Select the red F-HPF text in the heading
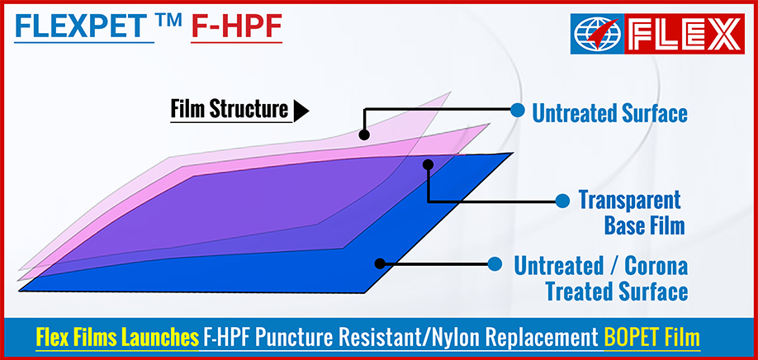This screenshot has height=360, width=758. [237, 26]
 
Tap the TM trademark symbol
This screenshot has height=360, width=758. [171, 21]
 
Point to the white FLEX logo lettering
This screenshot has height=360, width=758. [684, 33]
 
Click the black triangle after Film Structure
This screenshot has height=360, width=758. [301, 111]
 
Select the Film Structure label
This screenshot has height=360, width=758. [230, 110]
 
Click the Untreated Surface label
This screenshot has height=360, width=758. [609, 114]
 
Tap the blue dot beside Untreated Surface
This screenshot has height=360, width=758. [517, 110]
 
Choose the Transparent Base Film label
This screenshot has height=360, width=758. [632, 213]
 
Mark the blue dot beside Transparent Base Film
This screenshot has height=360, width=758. [562, 201]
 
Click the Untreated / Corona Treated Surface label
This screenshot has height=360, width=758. [601, 279]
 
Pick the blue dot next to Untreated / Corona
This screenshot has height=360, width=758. [494, 264]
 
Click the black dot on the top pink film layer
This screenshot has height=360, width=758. [364, 135]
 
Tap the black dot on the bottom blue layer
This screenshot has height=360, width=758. [380, 264]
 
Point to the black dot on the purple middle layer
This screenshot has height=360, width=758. [428, 165]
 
